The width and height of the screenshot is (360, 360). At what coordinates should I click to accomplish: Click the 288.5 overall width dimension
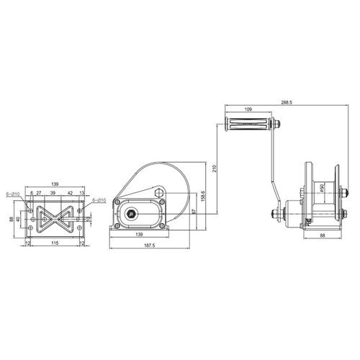[286, 103]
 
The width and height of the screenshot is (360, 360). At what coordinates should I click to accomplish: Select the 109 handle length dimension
[248, 109]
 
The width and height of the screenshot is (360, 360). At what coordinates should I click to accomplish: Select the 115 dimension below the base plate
[55, 242]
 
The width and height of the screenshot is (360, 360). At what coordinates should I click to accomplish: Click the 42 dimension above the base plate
[70, 194]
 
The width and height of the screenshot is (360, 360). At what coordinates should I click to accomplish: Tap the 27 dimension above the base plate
[39, 194]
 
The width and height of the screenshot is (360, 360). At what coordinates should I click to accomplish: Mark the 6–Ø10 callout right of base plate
[100, 199]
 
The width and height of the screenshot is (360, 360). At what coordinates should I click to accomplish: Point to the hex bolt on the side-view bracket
[158, 193]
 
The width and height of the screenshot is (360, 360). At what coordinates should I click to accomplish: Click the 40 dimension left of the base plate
[19, 220]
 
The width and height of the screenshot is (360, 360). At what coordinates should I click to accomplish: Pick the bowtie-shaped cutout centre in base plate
[55, 217]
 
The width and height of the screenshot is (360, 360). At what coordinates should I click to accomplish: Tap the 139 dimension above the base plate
[55, 184]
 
